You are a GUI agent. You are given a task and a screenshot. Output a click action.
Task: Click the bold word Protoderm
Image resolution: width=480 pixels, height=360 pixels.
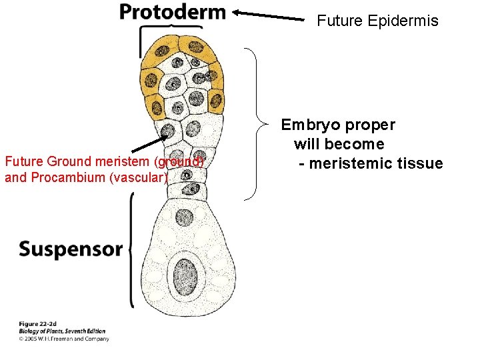[x=172, y=12]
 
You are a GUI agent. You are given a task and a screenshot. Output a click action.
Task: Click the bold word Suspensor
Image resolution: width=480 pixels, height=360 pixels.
[x=70, y=250]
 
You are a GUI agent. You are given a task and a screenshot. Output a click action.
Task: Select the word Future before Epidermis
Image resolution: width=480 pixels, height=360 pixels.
[x=338, y=21]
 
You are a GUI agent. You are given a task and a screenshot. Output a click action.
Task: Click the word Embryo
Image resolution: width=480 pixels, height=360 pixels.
[x=309, y=125]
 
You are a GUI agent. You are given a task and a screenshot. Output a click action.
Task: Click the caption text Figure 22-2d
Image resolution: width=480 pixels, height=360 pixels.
[x=38, y=324]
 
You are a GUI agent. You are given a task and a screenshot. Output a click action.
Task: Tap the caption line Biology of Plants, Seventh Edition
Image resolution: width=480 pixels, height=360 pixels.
[x=62, y=331]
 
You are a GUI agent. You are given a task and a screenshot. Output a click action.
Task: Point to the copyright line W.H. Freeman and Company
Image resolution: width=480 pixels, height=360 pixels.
[x=63, y=339]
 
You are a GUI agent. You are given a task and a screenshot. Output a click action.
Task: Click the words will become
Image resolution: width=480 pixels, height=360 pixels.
[x=339, y=144]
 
